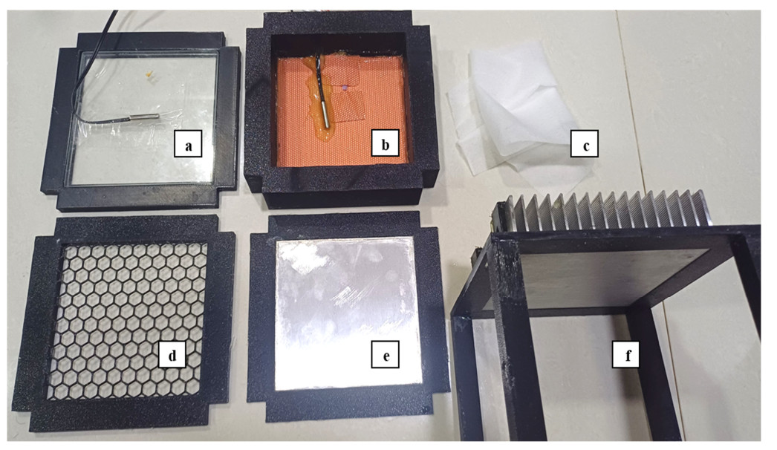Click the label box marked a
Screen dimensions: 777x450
tap(188, 143)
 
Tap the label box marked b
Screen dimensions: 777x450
tap(386, 143)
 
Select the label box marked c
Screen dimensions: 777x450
tap(585, 143)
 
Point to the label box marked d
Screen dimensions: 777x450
tap(172, 354)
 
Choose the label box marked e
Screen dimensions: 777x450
tap(386, 354)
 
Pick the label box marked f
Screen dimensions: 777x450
tap(625, 354)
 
